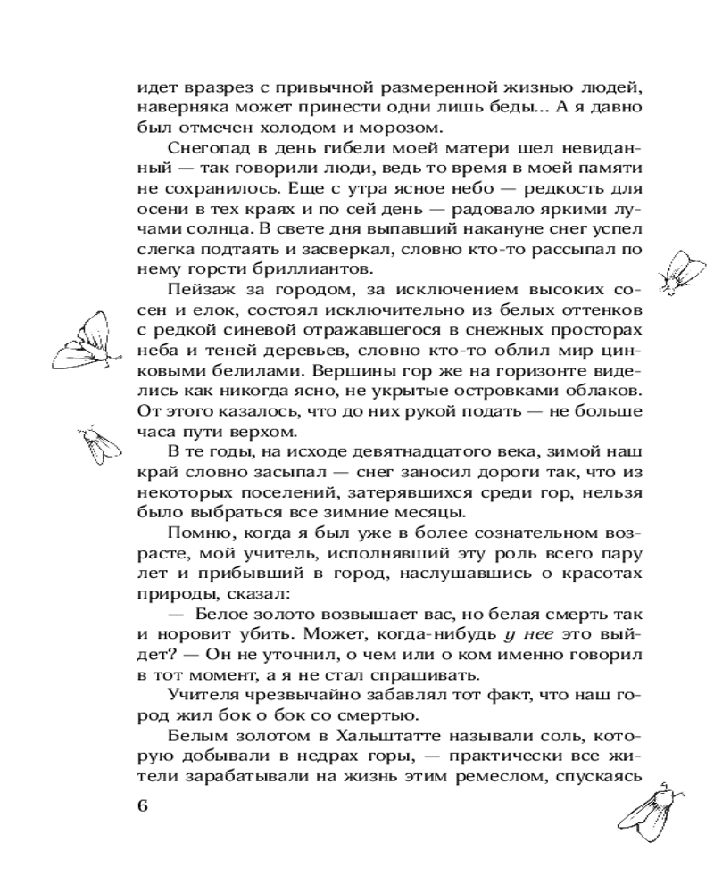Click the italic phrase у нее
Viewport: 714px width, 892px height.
coord(534,635)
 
